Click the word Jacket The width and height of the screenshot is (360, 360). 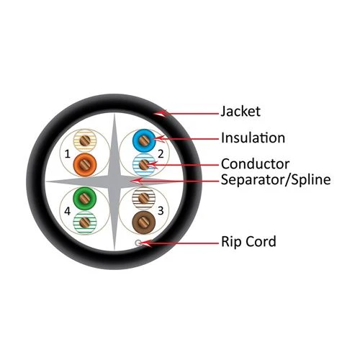240,112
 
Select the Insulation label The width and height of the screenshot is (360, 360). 253,138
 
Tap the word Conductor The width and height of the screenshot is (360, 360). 255,164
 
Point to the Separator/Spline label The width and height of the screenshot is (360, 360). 276,179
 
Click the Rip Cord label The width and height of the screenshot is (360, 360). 248,241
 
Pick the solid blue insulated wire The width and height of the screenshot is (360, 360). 144,140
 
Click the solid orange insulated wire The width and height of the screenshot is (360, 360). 85,165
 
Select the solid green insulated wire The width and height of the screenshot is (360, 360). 85,199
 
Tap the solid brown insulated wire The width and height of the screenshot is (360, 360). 144,222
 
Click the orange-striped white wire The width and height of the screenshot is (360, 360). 85,141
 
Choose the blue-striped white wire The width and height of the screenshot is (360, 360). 144,165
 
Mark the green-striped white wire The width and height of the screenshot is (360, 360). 85,222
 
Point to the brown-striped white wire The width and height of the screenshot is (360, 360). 144,199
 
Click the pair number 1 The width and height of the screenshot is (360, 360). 68,154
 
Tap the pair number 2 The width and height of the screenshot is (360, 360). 161,154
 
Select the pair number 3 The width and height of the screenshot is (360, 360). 161,211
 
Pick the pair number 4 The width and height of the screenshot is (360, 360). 68,212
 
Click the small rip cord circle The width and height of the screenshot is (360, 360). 138,243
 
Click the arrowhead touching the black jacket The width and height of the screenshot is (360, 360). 161,113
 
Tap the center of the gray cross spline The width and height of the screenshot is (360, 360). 114,181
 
